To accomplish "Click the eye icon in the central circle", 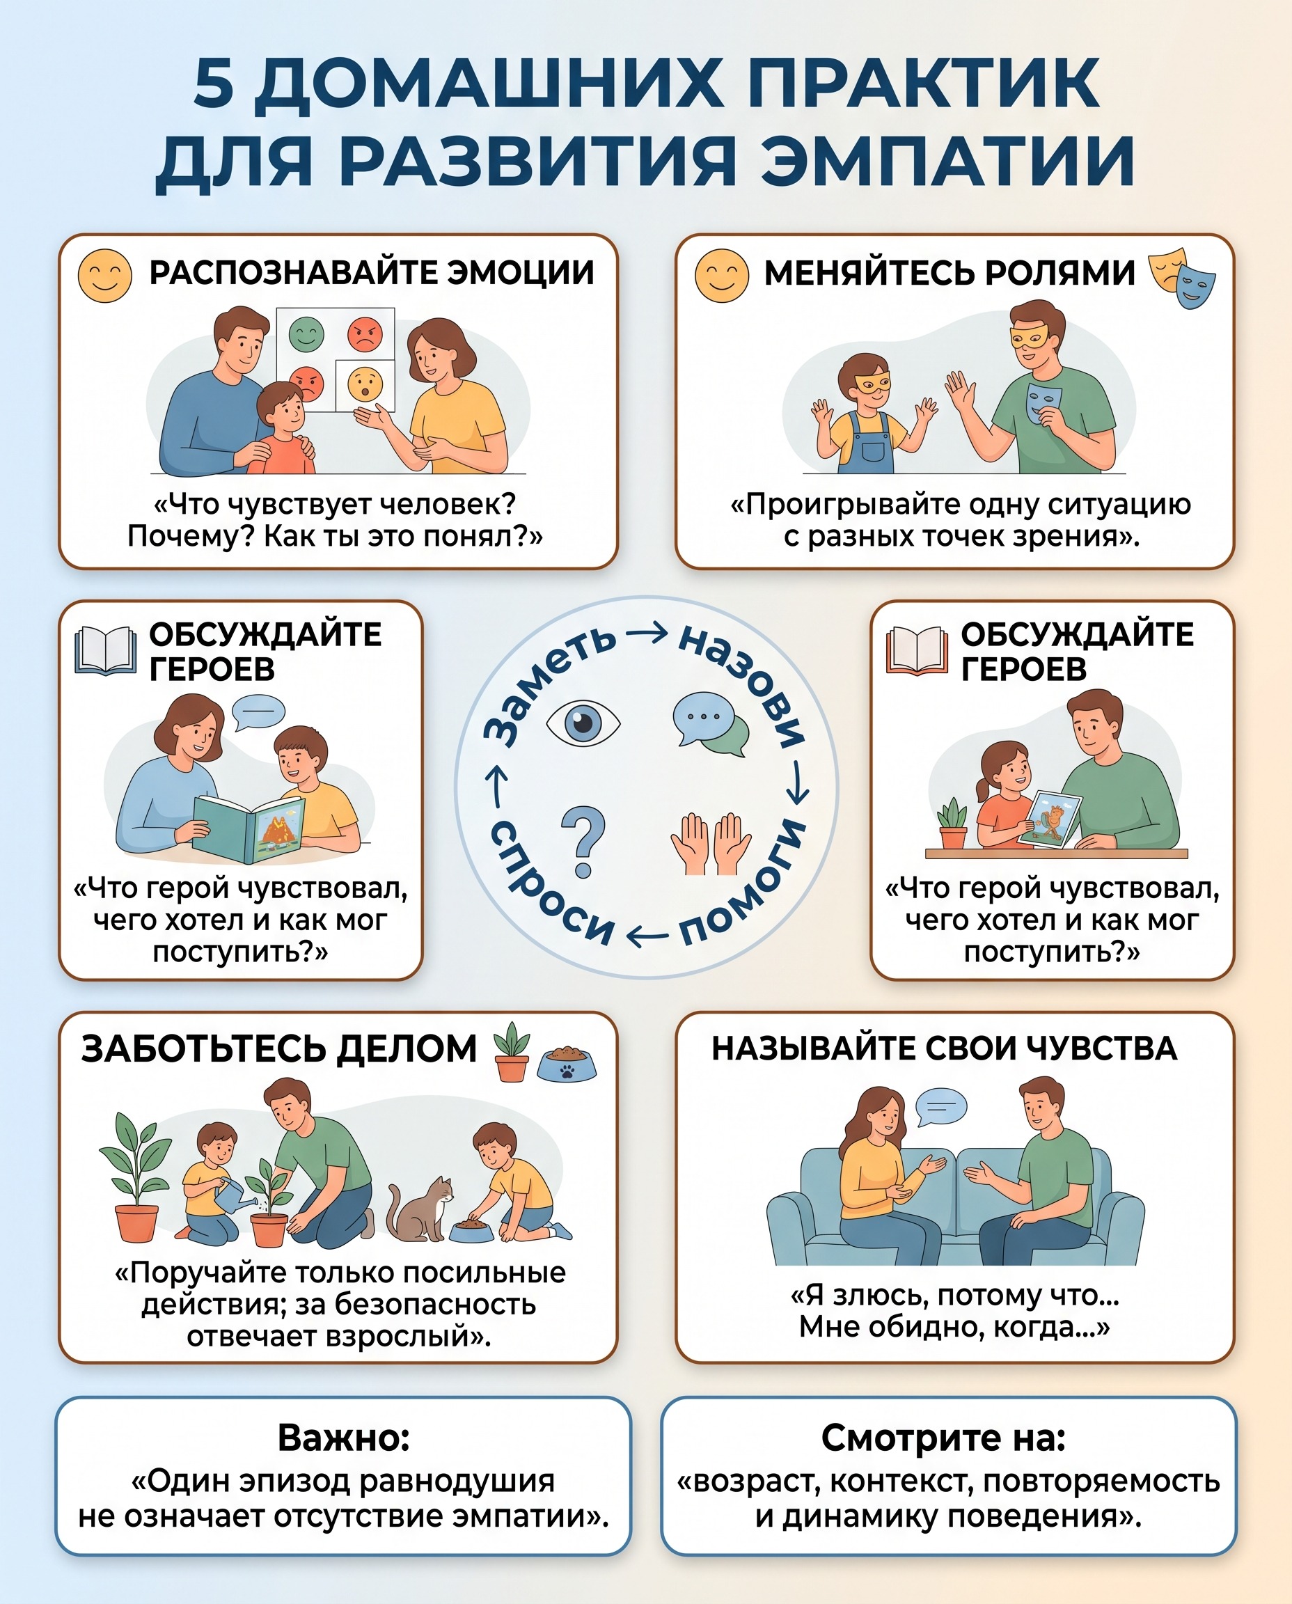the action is tap(583, 722).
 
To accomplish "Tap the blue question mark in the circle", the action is tap(583, 841).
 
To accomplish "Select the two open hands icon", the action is tap(711, 843).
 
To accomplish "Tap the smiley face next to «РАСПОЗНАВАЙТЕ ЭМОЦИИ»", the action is tap(105, 276).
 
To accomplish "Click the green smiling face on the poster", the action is tap(306, 334).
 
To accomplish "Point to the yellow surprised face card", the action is tap(365, 385).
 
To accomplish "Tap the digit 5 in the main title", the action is tap(214, 83).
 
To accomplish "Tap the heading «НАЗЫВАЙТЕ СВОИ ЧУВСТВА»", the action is tap(945, 1048).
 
